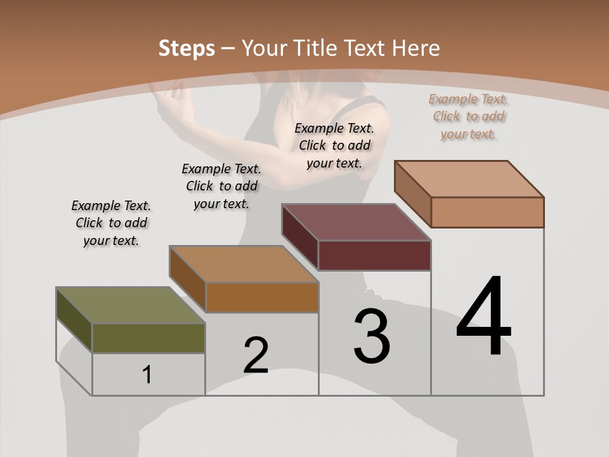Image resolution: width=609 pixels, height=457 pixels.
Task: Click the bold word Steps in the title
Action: pyautogui.click(x=187, y=48)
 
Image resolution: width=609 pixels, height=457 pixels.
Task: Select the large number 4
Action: pyautogui.click(x=483, y=317)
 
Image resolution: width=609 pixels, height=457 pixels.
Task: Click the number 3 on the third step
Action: pyautogui.click(x=372, y=336)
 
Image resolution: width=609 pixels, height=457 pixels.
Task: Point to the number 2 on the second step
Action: pyautogui.click(x=256, y=355)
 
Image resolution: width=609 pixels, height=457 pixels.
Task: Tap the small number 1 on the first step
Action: pyautogui.click(x=147, y=375)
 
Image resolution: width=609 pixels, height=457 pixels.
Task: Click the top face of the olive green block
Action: pyautogui.click(x=130, y=305)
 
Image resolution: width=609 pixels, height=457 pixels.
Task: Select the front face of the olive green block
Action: pyautogui.click(x=148, y=338)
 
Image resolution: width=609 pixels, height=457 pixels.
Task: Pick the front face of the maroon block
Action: pyautogui.click(x=374, y=256)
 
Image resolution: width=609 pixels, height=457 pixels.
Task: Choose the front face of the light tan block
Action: pyautogui.click(x=487, y=212)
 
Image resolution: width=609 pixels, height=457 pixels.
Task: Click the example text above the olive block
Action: pyautogui.click(x=111, y=223)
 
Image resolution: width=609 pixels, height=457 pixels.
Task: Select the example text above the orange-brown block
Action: pyautogui.click(x=221, y=186)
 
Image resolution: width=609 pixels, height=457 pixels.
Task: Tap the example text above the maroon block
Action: pyautogui.click(x=334, y=145)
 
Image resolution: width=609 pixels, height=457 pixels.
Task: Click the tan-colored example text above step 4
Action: pyautogui.click(x=469, y=116)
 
